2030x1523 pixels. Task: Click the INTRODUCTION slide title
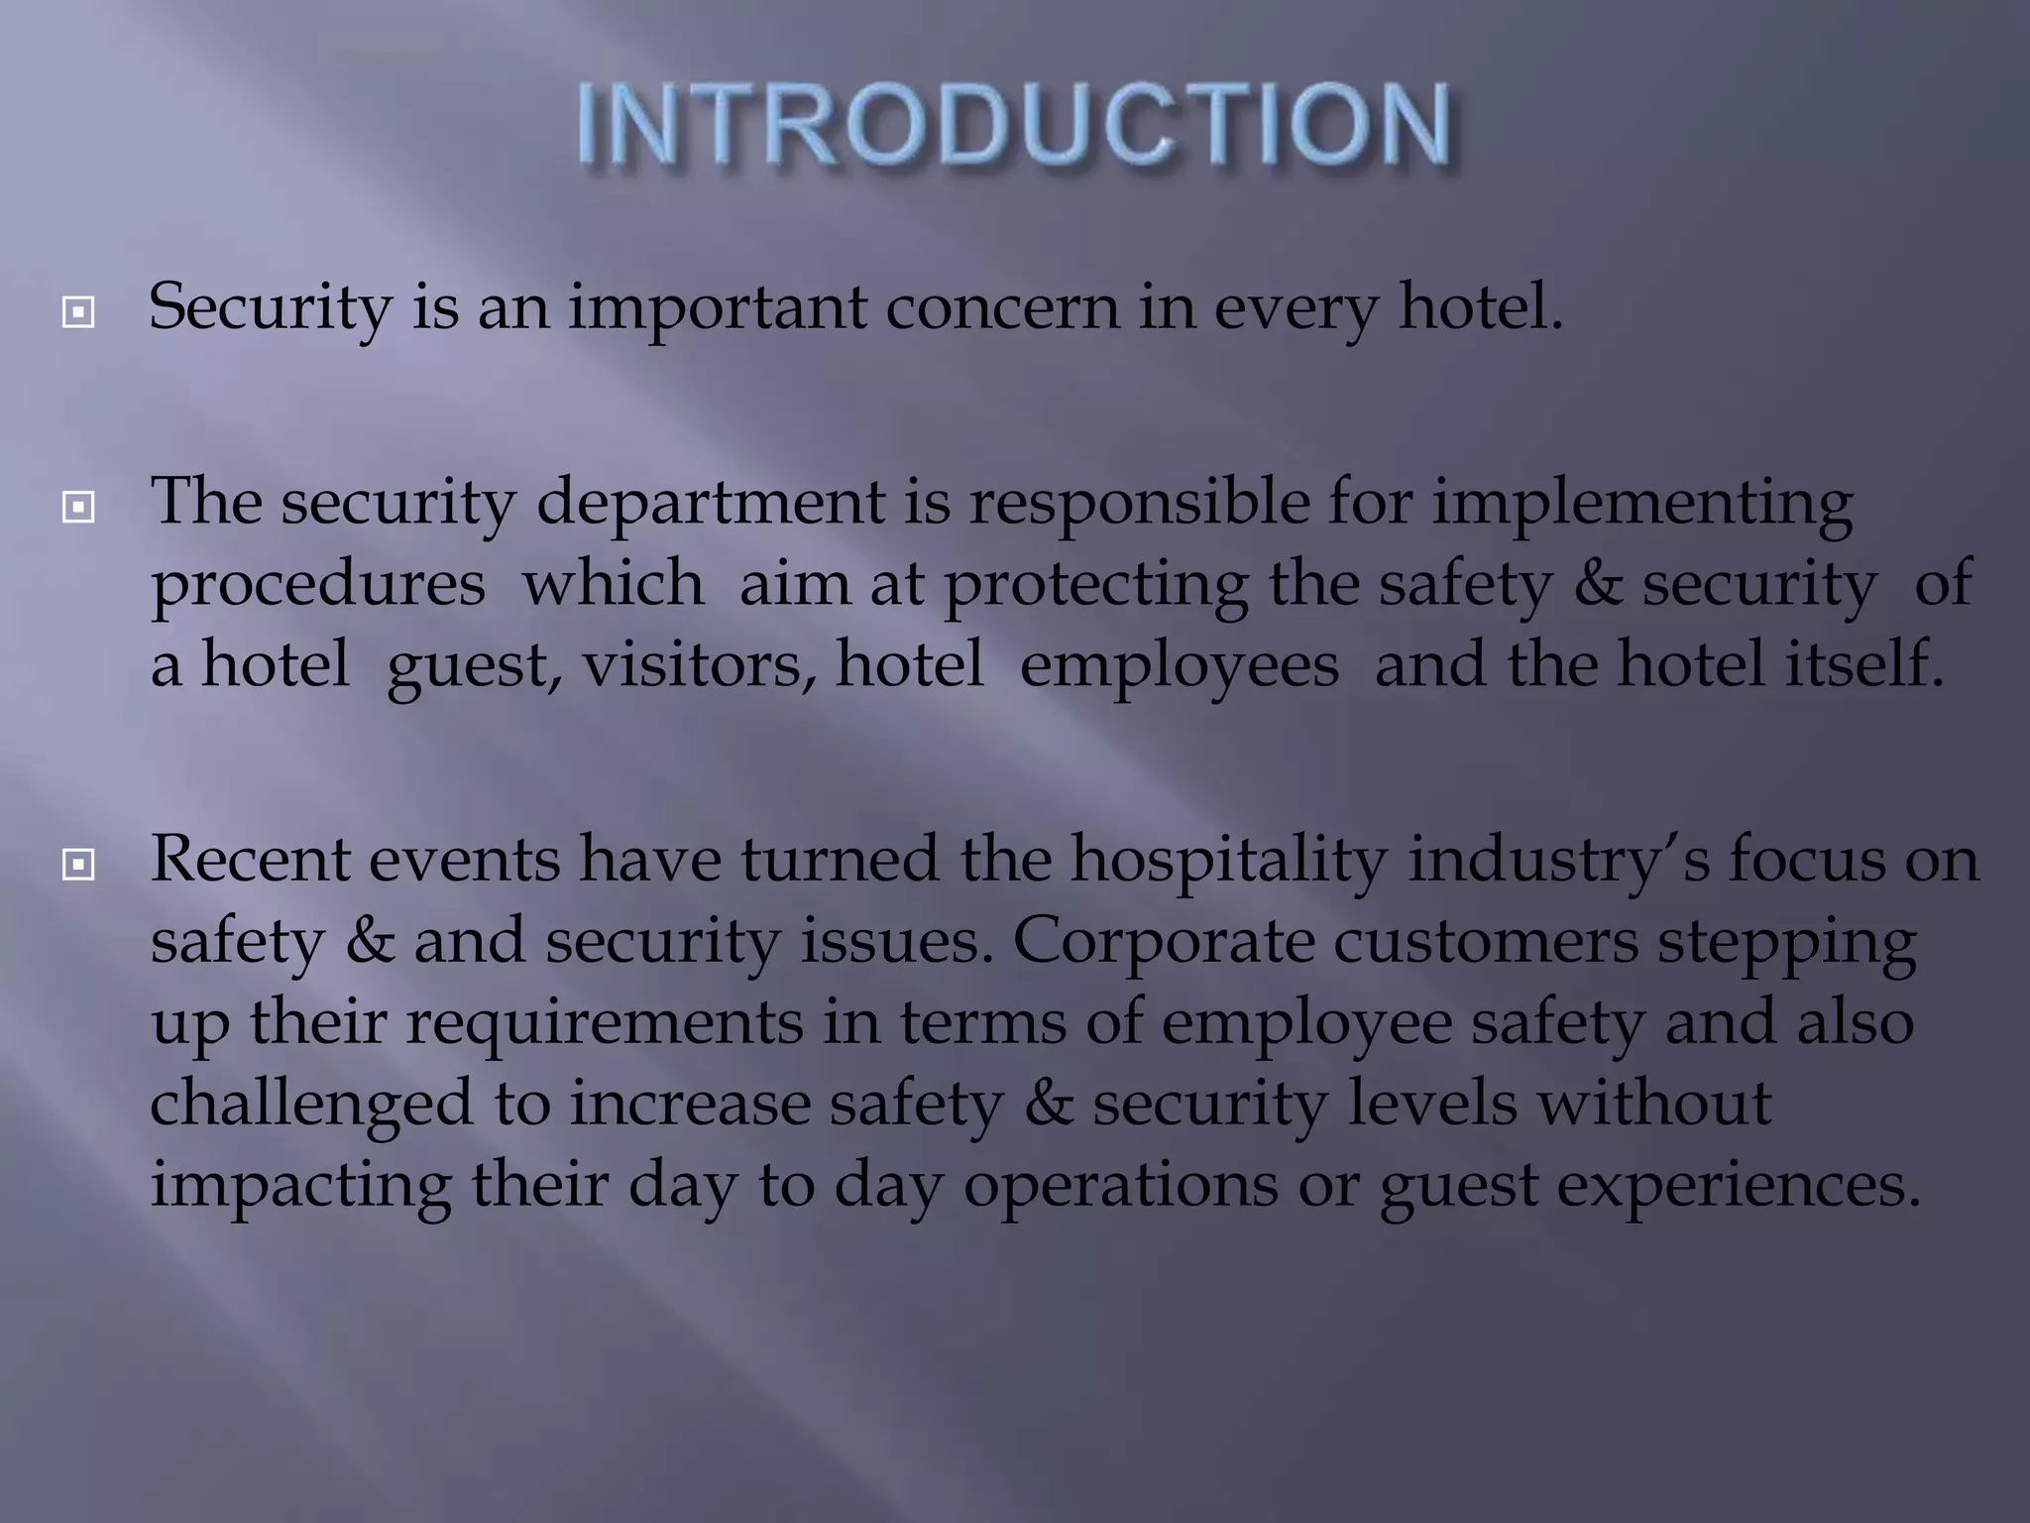point(1015,127)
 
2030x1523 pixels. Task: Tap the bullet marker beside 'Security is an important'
point(77,314)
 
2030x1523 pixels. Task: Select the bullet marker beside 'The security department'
point(77,509)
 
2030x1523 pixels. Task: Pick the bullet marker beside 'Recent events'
point(77,866)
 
